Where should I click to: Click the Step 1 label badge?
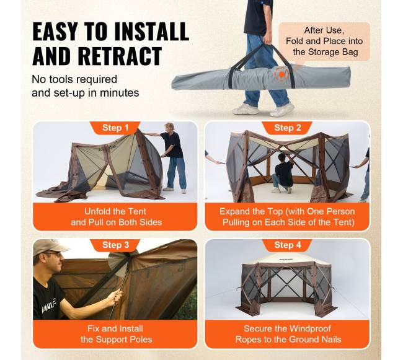(115, 128)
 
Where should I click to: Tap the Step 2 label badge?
(287, 128)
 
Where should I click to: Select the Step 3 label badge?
(115, 245)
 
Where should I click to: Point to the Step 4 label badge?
(287, 245)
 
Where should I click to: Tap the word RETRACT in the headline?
(120, 56)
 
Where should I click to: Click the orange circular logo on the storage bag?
(282, 74)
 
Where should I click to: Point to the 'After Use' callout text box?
(324, 42)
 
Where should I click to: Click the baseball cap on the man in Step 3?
(50, 247)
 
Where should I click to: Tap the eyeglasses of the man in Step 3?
(55, 254)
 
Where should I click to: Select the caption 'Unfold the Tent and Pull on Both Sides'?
(116, 217)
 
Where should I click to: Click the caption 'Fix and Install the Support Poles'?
(116, 334)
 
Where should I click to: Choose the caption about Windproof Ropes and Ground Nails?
(288, 334)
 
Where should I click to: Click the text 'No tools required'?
(74, 79)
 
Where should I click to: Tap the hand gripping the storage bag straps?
(267, 40)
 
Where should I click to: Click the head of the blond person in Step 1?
(169, 127)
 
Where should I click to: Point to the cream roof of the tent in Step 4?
(288, 258)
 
